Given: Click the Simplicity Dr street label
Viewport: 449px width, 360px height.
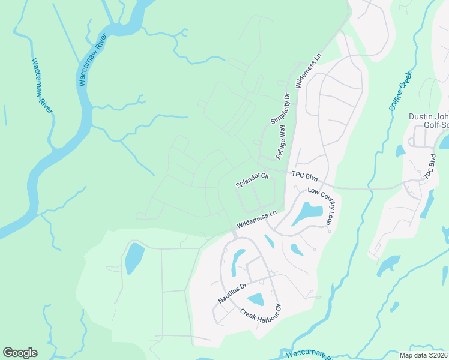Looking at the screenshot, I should coord(280,109).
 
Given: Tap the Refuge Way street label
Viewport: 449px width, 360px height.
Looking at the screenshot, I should coord(281,142).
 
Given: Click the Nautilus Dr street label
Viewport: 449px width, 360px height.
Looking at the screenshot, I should coord(233,293).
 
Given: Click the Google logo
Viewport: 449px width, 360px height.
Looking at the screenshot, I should coord(20,353).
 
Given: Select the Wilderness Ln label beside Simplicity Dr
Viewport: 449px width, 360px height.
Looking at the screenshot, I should coord(308,73).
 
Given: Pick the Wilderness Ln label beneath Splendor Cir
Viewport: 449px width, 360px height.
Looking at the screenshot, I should coord(256,219).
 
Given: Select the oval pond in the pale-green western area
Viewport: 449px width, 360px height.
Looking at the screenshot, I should coord(134,259).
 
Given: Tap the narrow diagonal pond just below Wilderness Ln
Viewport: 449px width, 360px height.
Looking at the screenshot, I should coord(269,241).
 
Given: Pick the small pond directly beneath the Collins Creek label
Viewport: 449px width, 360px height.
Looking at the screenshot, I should coord(400,150).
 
